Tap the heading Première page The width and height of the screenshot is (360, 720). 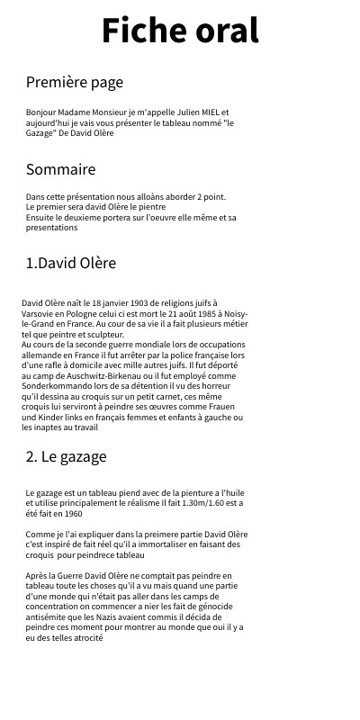74,83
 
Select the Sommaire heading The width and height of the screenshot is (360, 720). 60,169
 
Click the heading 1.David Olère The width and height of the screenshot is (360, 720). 70,264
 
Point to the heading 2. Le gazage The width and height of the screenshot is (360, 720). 66,456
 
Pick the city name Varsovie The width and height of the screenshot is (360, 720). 40,314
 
